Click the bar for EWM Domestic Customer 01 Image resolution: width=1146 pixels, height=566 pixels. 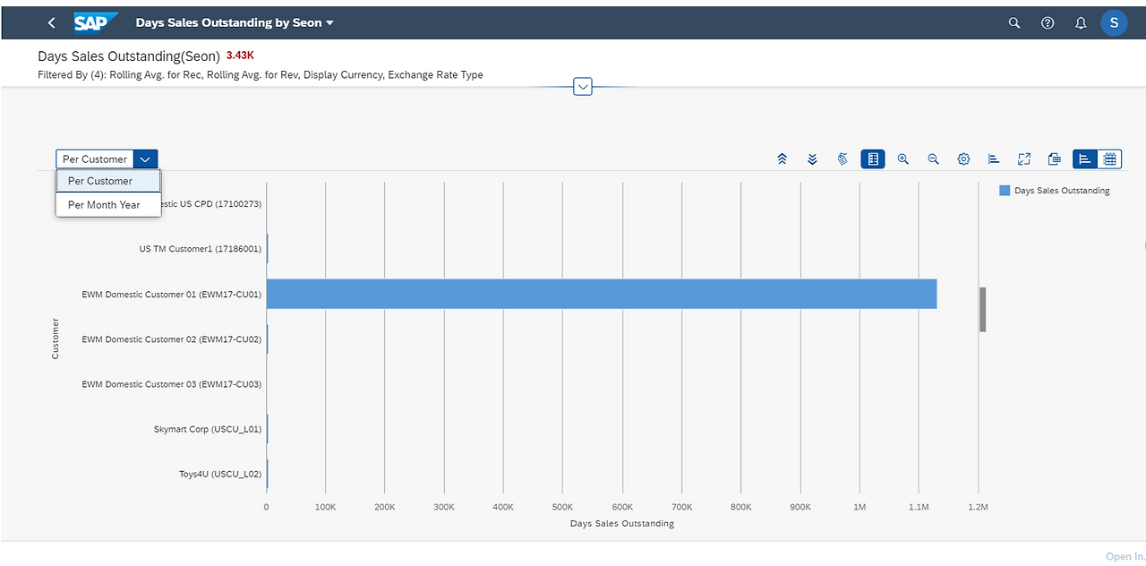602,294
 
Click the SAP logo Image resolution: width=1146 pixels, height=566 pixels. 96,22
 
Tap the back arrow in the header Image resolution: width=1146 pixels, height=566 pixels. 51,22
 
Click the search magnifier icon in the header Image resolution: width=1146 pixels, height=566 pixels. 1014,22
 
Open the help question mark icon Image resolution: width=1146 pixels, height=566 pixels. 1048,22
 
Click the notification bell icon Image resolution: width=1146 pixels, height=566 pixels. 1081,22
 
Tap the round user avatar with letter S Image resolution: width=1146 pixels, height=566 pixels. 1114,22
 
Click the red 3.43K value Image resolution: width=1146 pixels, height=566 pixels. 240,56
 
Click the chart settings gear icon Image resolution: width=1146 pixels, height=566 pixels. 963,159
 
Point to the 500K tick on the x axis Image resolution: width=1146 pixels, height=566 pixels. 562,507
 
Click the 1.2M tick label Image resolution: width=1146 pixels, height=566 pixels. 978,507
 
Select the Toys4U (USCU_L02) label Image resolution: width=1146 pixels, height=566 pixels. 220,474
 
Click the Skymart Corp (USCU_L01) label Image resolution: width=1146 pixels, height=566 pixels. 207,429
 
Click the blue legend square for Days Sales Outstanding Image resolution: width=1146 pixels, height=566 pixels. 1005,191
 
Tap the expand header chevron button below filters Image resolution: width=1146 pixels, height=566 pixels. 583,87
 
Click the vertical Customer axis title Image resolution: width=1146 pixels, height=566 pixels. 56,339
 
